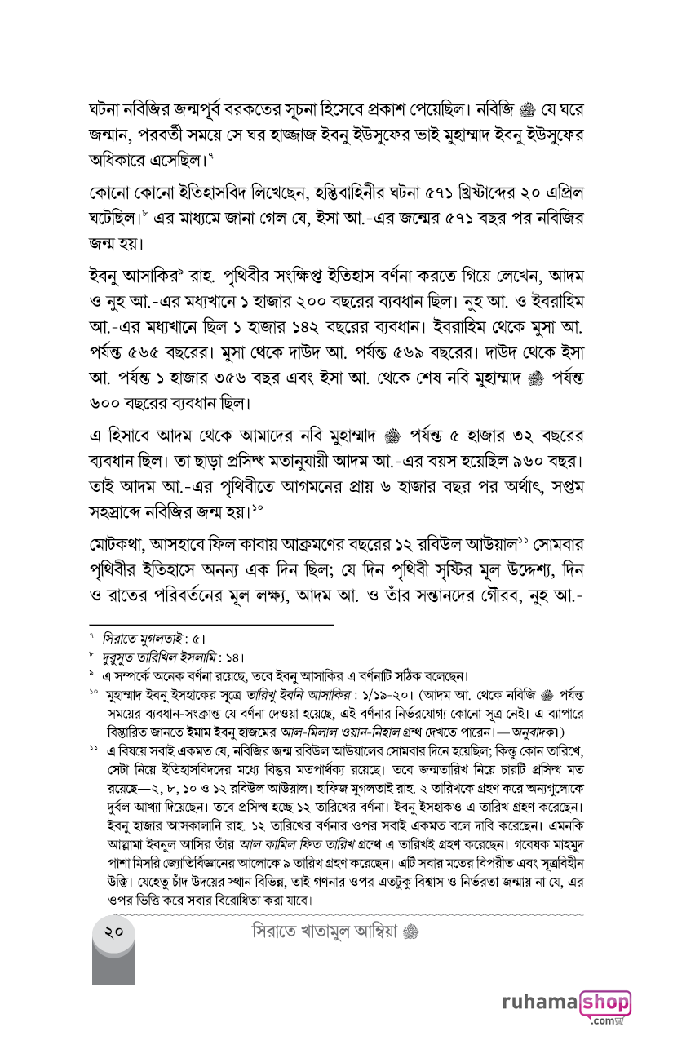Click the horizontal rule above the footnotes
[212, 625]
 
